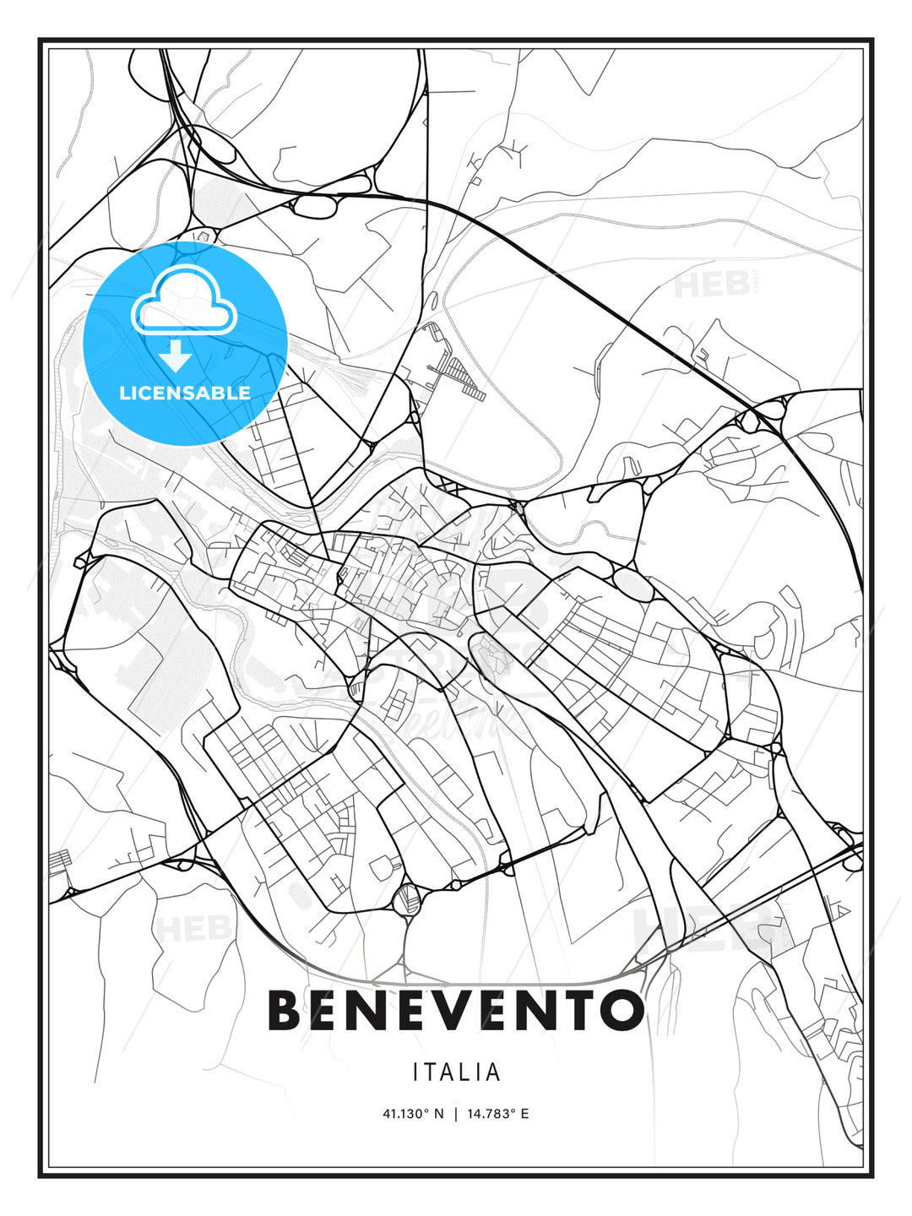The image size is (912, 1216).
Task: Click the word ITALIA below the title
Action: [456, 1072]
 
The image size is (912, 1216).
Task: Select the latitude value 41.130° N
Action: [413, 1114]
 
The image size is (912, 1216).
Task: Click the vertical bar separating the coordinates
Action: [456, 1114]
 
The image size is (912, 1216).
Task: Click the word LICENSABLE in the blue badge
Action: [185, 393]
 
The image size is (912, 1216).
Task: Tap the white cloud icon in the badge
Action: [183, 299]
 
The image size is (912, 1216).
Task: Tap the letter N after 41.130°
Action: [438, 1114]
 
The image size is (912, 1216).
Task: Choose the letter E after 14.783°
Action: [524, 1114]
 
